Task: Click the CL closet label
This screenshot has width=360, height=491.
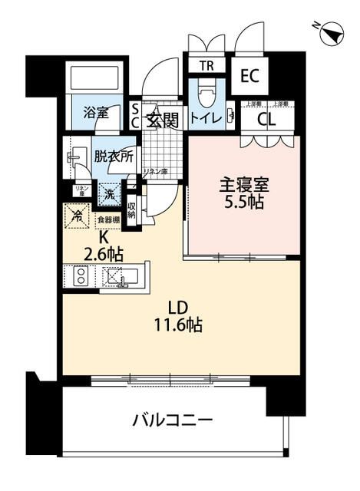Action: coord(266,119)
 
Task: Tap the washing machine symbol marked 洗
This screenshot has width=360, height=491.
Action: coord(110,195)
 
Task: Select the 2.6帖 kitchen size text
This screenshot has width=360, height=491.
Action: coord(106,252)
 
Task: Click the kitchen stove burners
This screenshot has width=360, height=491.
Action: coord(80,277)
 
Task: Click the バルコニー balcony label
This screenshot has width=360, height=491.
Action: coord(172,420)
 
